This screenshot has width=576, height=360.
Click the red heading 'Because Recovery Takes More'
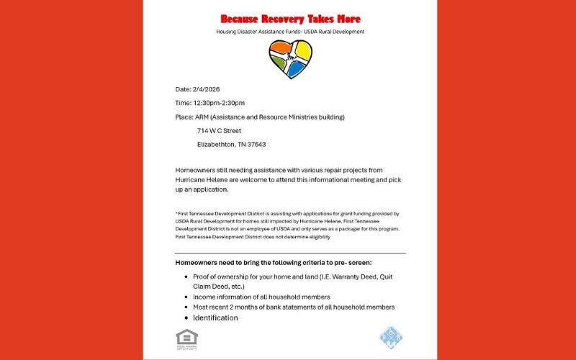290,19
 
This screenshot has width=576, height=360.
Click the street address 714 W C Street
219,130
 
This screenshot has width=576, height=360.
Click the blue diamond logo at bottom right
391,337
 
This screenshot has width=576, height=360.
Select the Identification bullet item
215,318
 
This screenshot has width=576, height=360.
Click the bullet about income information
261,297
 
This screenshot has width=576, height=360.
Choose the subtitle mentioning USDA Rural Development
290,32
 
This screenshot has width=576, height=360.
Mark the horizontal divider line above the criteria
290,253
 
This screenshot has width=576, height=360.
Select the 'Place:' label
184,117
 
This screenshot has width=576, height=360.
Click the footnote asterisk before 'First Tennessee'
176,214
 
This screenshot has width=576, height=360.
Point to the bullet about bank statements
293,307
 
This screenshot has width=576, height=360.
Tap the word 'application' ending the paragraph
209,189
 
